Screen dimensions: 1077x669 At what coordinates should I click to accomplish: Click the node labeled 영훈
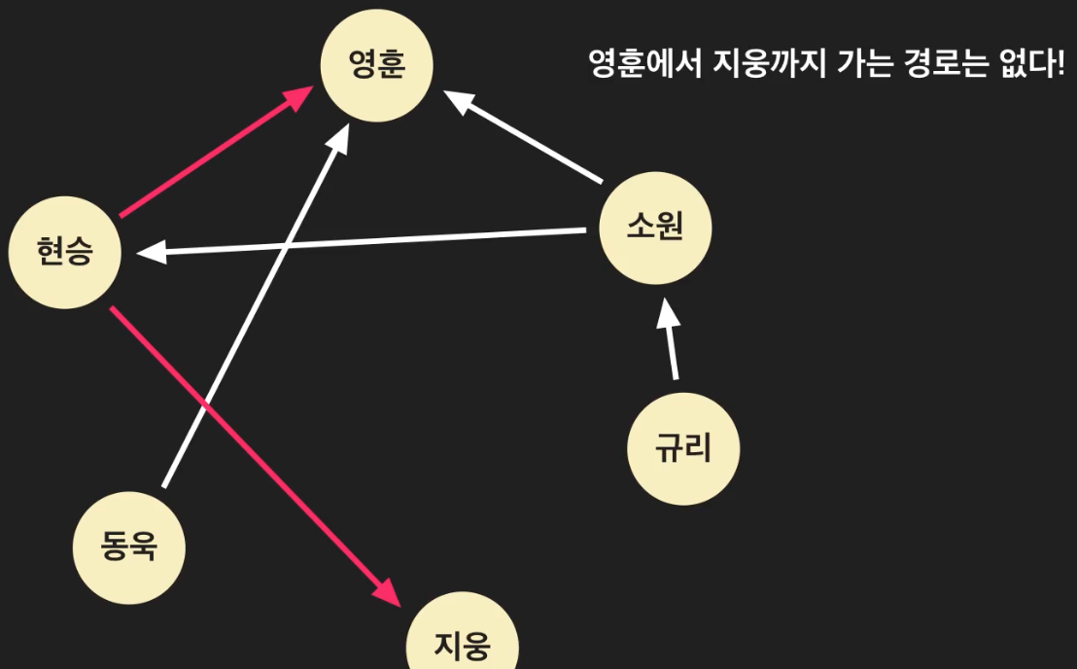point(377,66)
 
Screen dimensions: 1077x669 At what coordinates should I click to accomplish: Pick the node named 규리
point(683,448)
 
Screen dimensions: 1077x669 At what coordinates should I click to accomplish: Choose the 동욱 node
point(129,547)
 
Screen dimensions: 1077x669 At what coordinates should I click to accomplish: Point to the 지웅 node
point(462,643)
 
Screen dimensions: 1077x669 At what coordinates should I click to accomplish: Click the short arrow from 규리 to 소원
point(670,340)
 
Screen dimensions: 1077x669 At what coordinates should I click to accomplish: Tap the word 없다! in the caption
point(1032,65)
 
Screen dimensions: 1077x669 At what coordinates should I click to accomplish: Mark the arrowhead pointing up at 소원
point(666,313)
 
